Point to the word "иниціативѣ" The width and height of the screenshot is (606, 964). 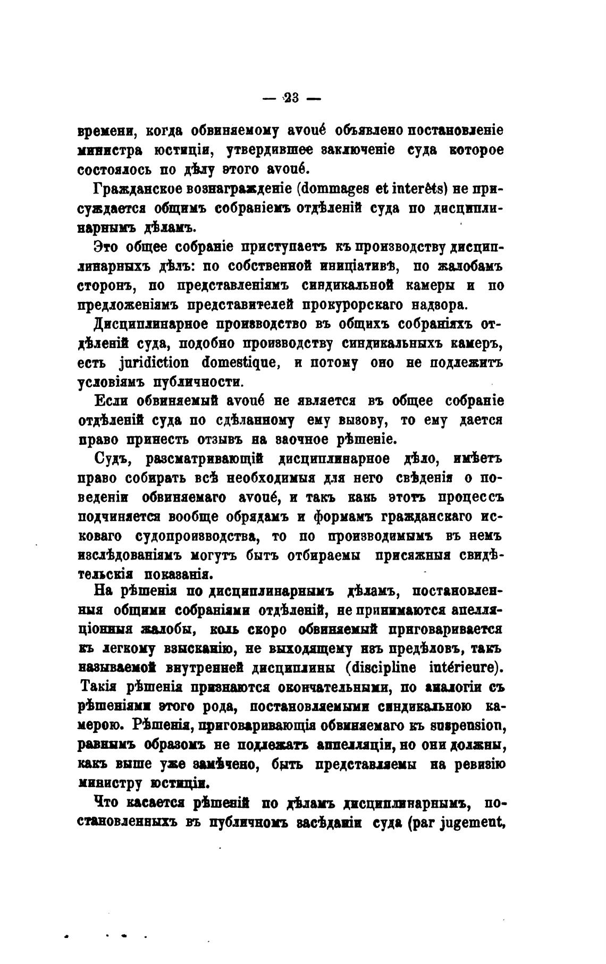359,266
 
